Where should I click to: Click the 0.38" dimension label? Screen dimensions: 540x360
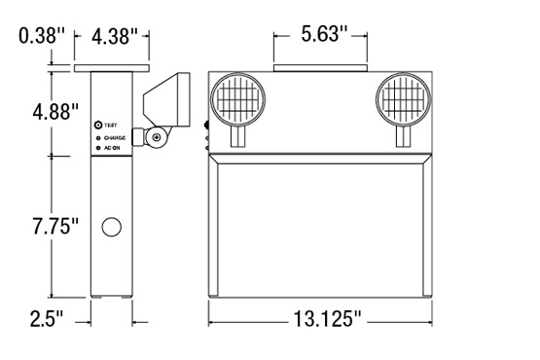[41, 36]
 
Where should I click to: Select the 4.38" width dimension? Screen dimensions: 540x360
[115, 36]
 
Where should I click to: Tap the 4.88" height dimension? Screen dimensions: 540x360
[55, 111]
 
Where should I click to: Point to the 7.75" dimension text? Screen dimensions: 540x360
[55, 226]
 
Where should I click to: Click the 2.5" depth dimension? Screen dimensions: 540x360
[47, 319]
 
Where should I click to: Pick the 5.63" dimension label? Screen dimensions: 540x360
[324, 34]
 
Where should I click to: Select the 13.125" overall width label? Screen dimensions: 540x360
[328, 319]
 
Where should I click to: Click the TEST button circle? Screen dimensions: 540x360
[98, 125]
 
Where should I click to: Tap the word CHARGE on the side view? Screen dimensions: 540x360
[115, 138]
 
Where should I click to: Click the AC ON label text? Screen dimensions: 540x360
[112, 148]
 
